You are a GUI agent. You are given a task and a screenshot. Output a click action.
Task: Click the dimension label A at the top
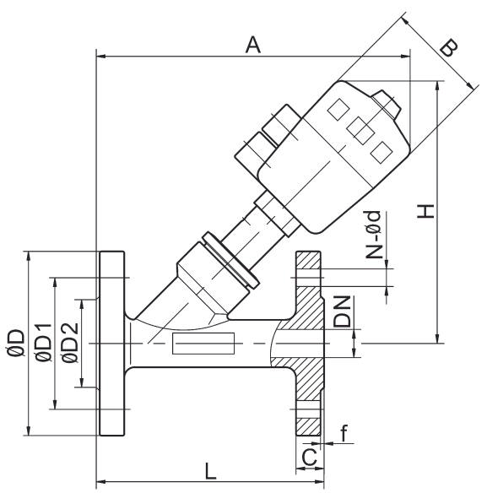coord(252,45)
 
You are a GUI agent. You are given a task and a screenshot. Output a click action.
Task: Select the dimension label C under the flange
coord(310,458)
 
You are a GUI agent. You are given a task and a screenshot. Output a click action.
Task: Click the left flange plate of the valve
coord(111,344)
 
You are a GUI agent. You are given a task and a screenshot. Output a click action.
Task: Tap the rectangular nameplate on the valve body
coord(203,344)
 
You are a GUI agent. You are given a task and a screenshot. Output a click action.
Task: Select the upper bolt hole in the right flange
coord(309,272)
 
